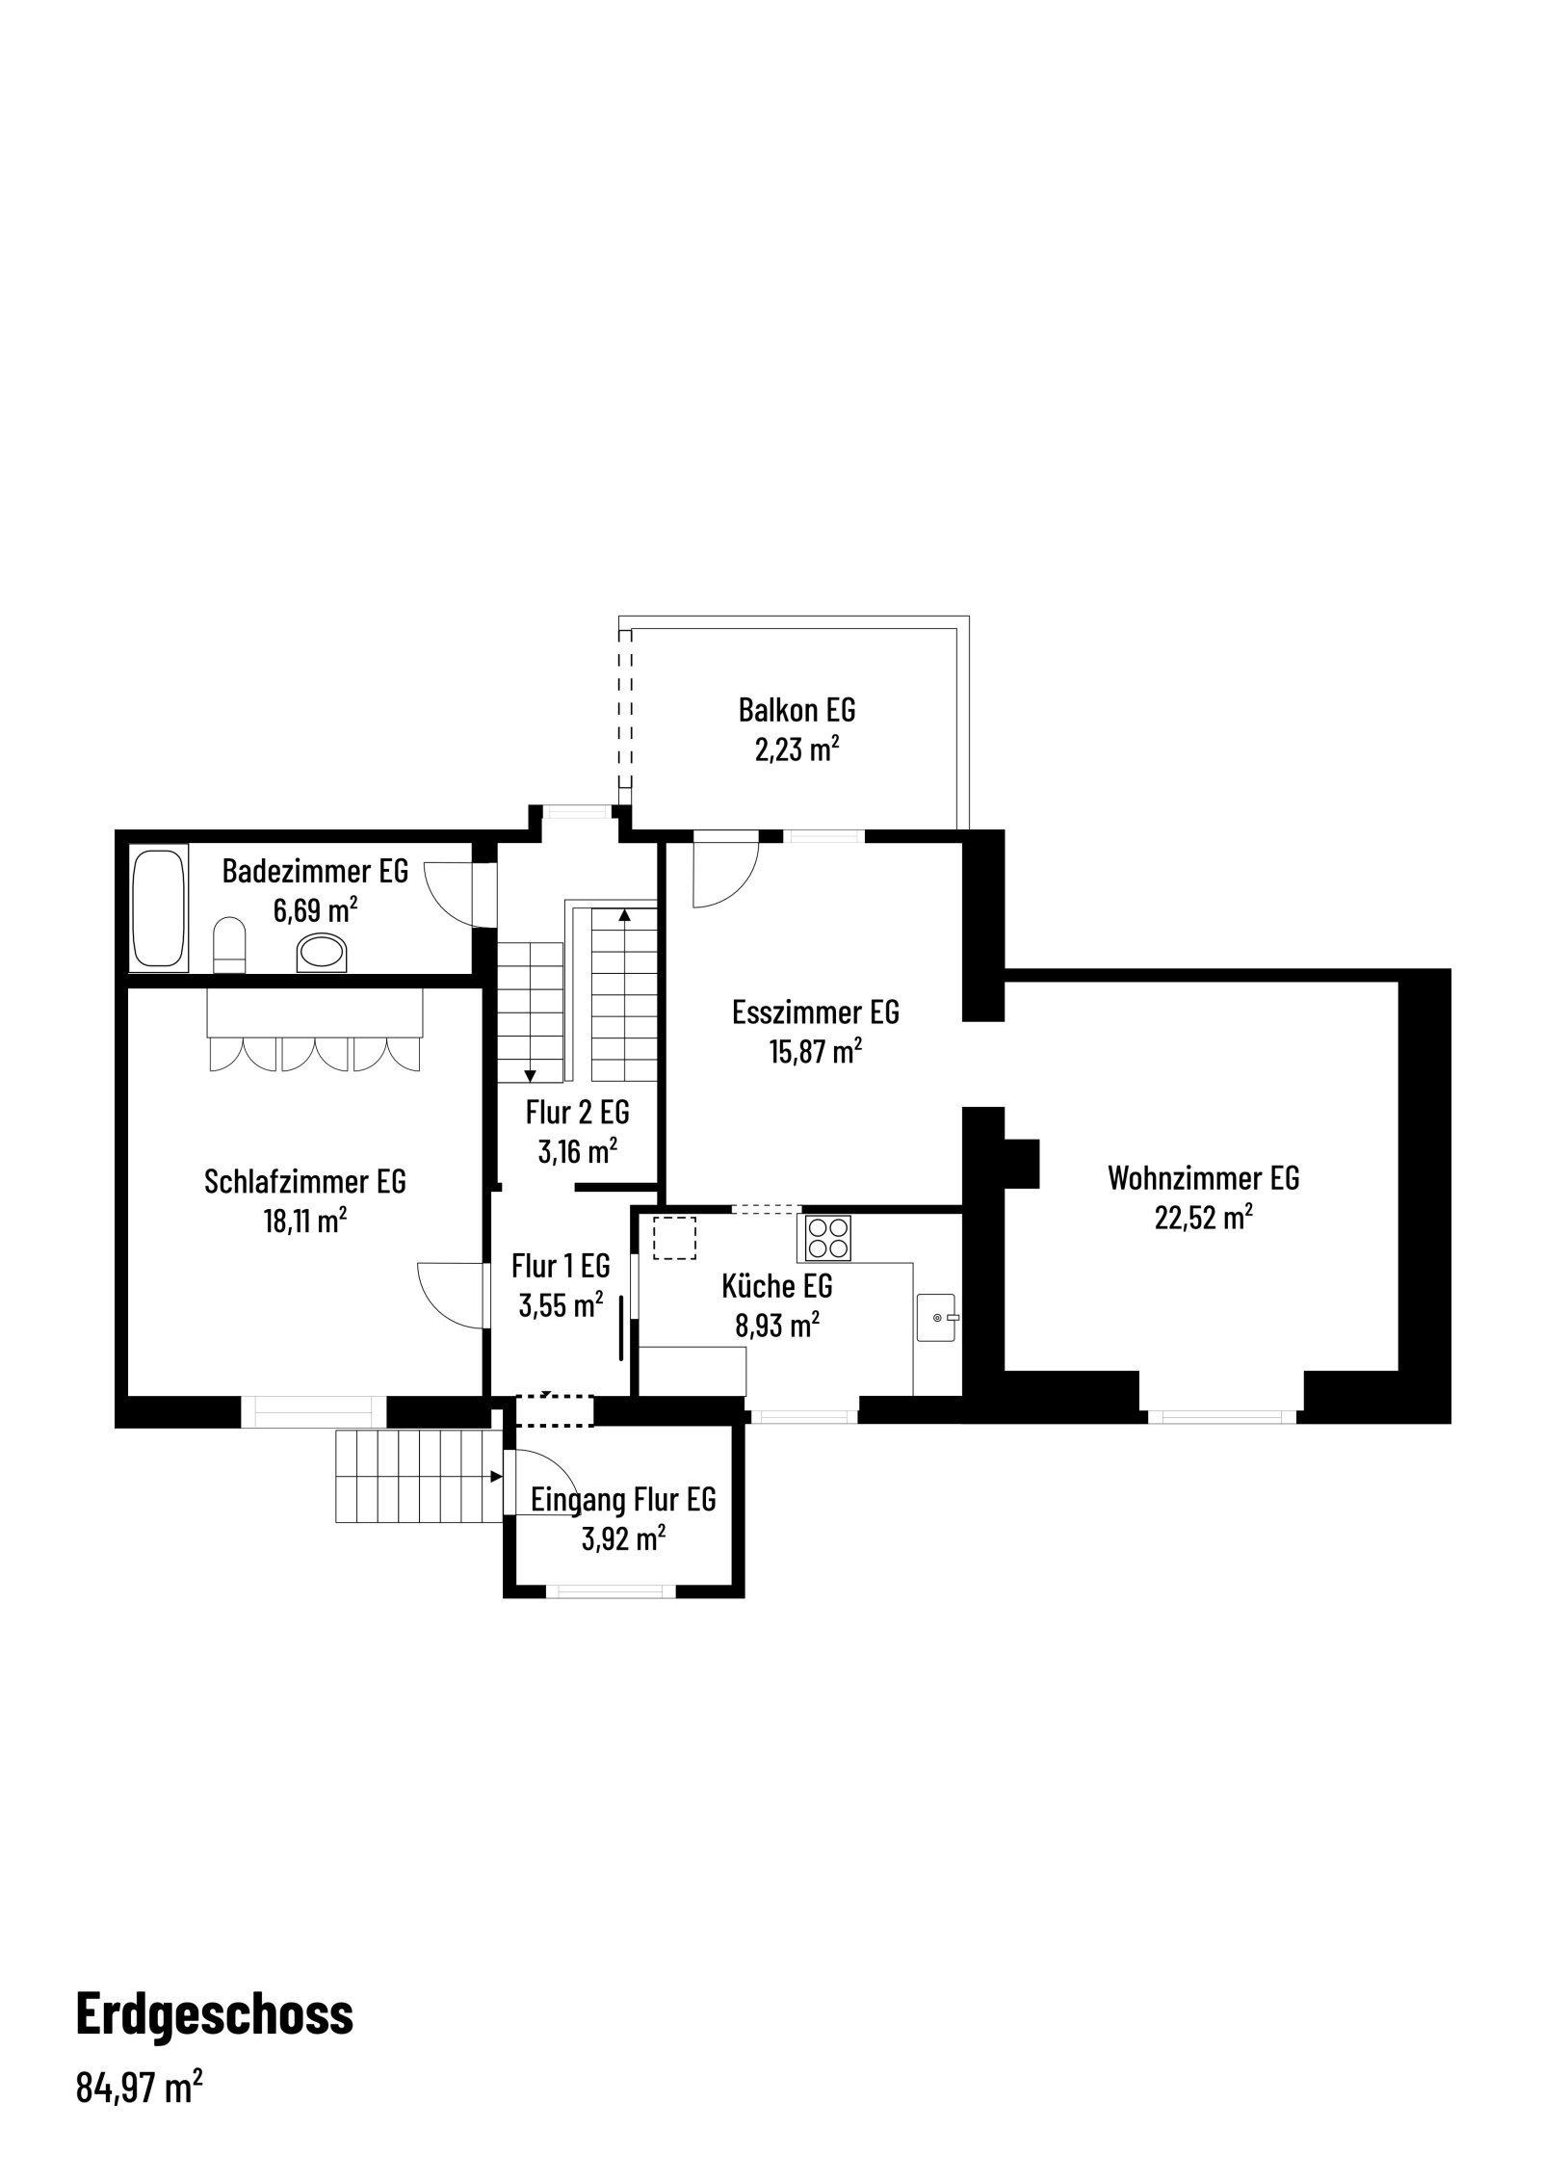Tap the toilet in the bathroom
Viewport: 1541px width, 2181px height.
(229, 945)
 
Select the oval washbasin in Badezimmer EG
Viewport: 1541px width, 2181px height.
(323, 952)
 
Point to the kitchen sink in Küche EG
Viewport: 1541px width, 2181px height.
(935, 1318)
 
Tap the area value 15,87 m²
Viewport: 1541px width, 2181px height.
(815, 1051)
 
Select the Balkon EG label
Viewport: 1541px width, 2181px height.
(797, 710)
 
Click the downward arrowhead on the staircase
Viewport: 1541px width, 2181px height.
(529, 1074)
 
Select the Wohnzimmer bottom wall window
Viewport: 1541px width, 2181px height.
(1221, 1416)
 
